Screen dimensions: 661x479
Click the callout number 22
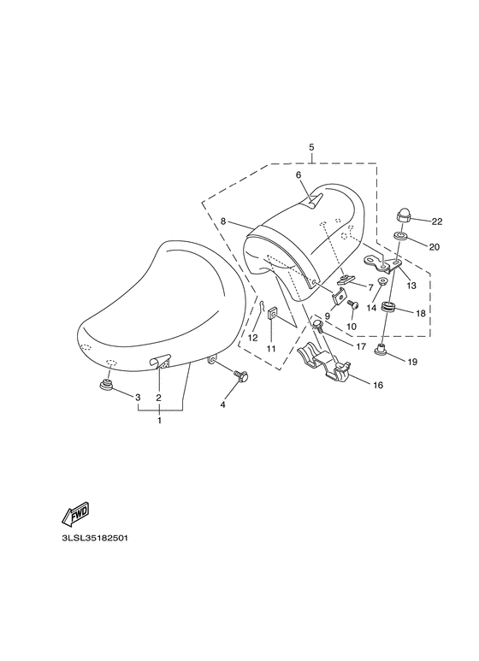coord(437,221)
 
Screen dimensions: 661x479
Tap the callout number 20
coord(435,247)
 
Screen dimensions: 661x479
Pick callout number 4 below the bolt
coord(222,405)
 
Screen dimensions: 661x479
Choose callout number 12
coord(252,338)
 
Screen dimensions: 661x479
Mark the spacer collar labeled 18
coord(389,310)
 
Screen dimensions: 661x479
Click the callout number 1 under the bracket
coord(159,421)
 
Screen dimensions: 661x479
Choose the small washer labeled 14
coord(381,281)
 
